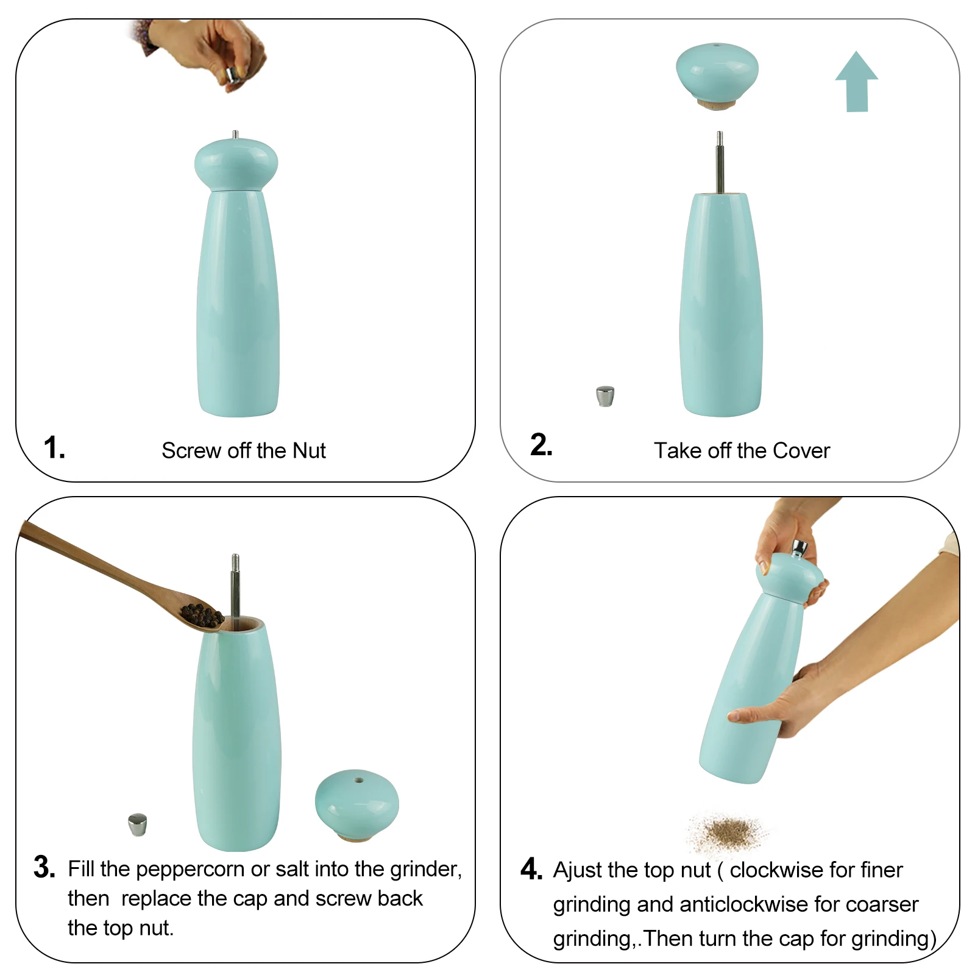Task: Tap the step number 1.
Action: [x=54, y=447]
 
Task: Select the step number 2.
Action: [x=541, y=445]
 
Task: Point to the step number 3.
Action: [x=44, y=867]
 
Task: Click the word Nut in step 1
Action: [x=309, y=451]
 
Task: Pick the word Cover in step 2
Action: [x=801, y=451]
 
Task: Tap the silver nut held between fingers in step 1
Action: [x=232, y=76]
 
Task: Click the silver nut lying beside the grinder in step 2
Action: [x=605, y=396]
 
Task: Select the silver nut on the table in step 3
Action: [x=138, y=824]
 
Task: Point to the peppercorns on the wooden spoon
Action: [x=202, y=615]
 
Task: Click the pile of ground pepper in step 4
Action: [x=728, y=832]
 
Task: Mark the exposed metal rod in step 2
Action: [x=720, y=162]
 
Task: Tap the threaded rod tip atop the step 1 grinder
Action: [x=235, y=135]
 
